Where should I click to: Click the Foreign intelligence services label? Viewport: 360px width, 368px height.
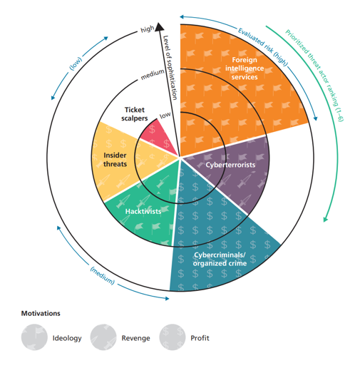point(245,68)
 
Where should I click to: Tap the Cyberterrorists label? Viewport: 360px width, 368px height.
point(230,165)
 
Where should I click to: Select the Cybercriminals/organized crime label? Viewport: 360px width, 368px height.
point(220,259)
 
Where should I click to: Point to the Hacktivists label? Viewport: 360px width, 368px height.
point(143,211)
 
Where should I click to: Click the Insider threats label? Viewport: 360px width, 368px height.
point(115,160)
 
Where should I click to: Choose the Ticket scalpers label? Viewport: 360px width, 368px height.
point(135,114)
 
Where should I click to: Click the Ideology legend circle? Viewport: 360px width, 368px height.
point(34,337)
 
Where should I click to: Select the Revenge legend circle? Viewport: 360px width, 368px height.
point(103,337)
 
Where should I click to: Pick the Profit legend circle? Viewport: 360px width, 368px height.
point(173,337)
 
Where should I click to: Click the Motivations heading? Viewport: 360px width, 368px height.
point(41,313)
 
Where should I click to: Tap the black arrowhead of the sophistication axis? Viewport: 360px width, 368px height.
point(160,26)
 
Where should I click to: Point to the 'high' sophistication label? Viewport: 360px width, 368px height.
point(148,29)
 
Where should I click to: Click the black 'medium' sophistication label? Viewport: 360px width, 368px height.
point(153,74)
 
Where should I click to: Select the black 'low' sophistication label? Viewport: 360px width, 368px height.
point(165,115)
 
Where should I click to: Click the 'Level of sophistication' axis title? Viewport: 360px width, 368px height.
point(170,68)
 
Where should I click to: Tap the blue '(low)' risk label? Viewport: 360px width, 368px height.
point(76,63)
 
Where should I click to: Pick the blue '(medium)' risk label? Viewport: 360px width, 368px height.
point(102,276)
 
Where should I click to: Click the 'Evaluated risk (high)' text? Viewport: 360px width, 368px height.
point(263,47)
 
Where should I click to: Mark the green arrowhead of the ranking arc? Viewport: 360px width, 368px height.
point(326,219)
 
